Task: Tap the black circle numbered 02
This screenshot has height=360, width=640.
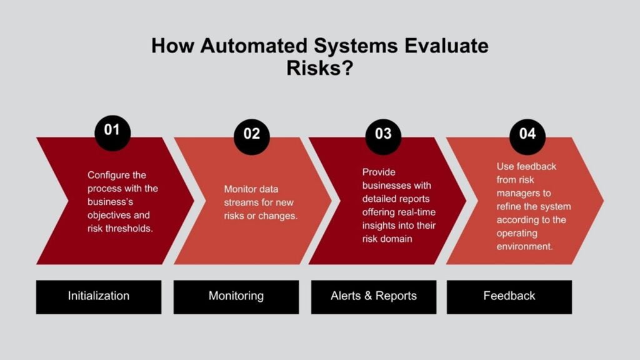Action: click(x=252, y=135)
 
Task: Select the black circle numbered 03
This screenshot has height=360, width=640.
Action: click(x=383, y=134)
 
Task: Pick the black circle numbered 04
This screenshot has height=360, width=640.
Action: click(x=527, y=135)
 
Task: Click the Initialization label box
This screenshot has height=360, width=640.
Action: click(x=99, y=296)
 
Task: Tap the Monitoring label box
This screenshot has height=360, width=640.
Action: click(x=236, y=296)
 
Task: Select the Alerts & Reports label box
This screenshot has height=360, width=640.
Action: click(x=374, y=296)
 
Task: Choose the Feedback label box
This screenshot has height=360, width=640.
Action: click(x=509, y=296)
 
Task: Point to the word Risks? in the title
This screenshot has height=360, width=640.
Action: click(x=319, y=68)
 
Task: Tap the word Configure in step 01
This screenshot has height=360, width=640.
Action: click(x=108, y=175)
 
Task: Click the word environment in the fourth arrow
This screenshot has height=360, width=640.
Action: click(x=525, y=247)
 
